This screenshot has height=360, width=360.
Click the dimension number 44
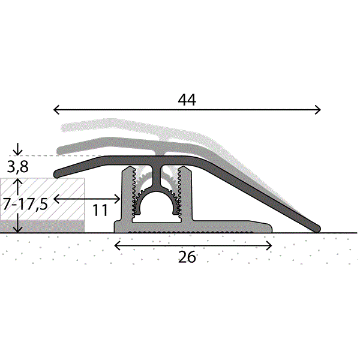pyautogui.click(x=187, y=100)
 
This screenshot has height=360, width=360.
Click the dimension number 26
pyautogui.click(x=187, y=257)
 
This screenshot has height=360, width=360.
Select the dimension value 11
pyautogui.click(x=100, y=210)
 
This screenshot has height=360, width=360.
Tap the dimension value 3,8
pyautogui.click(x=17, y=167)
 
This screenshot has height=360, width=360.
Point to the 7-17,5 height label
pyautogui.click(x=25, y=204)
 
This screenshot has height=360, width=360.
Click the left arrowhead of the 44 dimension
pyautogui.click(x=56, y=110)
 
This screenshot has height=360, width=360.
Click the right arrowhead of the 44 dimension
pyautogui.click(x=318, y=110)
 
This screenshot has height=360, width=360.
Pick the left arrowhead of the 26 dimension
pyautogui.click(x=117, y=245)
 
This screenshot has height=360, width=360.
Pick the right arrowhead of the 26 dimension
pyautogui.click(x=269, y=245)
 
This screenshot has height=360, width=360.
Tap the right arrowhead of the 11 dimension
pyautogui.click(x=118, y=199)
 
